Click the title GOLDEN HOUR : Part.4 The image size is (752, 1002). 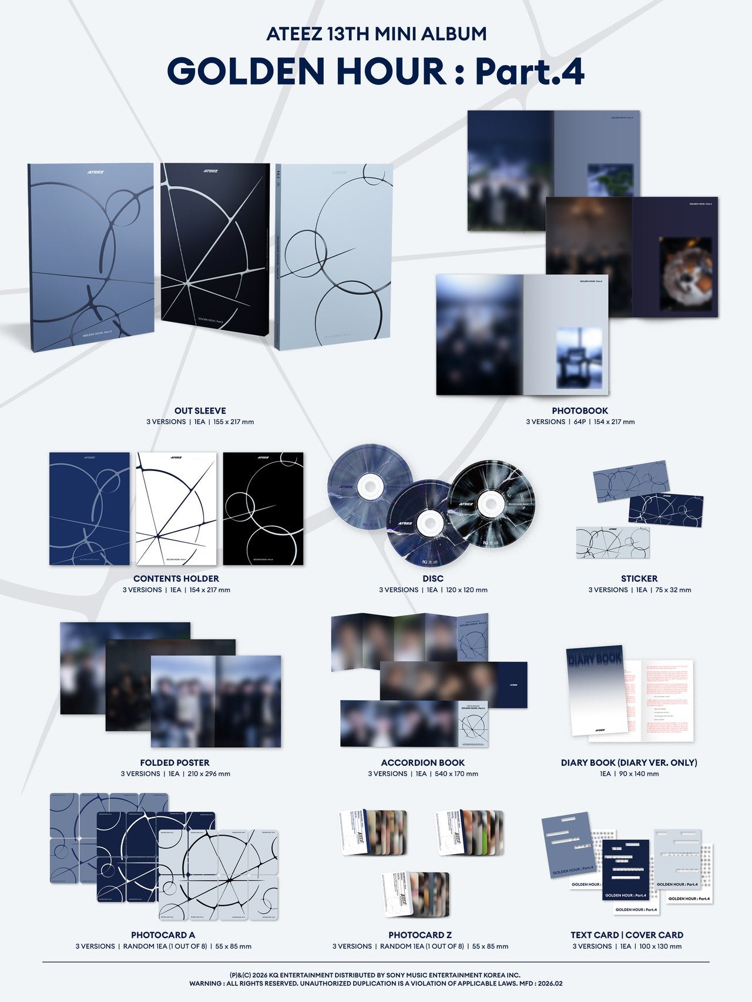[376, 71]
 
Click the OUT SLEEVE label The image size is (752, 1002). [200, 411]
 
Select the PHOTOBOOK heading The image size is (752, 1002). [580, 411]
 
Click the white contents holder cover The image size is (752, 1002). [176, 509]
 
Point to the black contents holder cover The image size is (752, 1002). [263, 509]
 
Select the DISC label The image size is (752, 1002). [433, 579]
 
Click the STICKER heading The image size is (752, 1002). [639, 579]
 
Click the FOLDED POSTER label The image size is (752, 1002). [175, 762]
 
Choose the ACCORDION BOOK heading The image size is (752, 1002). [423, 762]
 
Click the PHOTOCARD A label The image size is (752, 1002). [163, 934]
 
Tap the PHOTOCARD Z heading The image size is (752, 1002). [420, 934]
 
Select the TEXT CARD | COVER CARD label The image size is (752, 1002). [627, 934]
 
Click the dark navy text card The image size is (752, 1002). [626, 869]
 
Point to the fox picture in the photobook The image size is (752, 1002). [685, 274]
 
